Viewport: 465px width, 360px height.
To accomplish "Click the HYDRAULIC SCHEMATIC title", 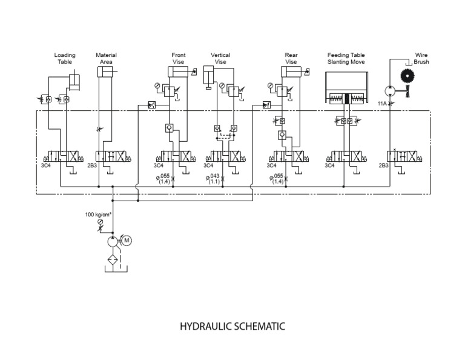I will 232,327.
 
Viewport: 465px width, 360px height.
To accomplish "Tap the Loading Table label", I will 65,59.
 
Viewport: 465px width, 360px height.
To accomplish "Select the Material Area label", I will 106,59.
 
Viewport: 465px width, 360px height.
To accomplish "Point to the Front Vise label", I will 179,59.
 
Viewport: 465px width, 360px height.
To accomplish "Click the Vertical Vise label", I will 220,59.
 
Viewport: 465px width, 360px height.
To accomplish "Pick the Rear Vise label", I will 291,59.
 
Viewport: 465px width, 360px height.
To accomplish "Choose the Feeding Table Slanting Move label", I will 346,59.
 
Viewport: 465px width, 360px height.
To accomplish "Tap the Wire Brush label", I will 421,59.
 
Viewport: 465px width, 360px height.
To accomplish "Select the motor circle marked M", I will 127,240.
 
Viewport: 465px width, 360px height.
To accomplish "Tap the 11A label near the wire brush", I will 382,104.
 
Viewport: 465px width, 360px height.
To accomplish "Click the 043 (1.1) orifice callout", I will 215,179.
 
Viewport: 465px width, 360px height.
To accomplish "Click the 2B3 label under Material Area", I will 92,165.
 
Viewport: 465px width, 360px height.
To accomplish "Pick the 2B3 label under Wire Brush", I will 383,165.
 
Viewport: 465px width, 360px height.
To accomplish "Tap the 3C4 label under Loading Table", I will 45,165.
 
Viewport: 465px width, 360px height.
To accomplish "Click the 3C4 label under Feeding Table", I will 329,165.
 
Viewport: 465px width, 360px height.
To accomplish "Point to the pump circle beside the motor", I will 113,241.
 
